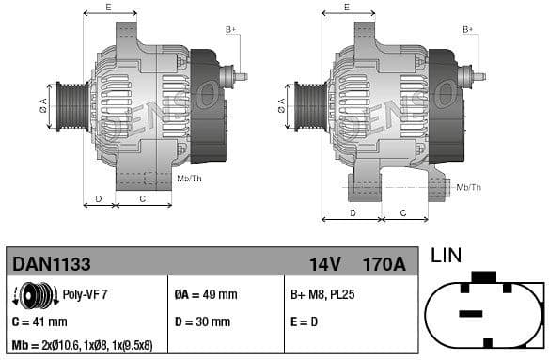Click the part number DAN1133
point(51,264)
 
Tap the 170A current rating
point(384,264)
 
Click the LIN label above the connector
point(446,256)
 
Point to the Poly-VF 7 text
point(85,294)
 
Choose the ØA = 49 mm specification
point(206,294)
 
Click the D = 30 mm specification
point(202,321)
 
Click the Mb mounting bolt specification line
point(83,345)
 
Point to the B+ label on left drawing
point(230,30)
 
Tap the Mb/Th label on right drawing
point(468,187)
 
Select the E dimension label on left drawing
point(108,8)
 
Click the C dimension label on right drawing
point(401,212)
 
